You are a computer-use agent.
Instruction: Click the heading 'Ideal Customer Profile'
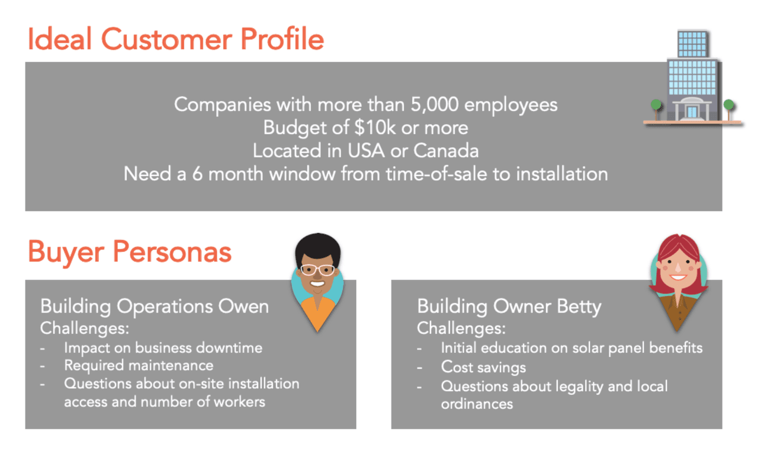(176, 39)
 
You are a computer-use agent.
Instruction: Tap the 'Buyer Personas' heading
(130, 252)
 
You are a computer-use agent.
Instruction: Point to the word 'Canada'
(446, 151)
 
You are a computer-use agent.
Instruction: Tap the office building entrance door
(692, 112)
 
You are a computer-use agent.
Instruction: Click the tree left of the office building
(656, 109)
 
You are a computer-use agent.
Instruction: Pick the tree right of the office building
(728, 109)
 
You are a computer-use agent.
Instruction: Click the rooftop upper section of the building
(692, 44)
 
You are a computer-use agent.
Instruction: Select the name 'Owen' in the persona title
(243, 307)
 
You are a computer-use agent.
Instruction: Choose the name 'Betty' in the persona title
(579, 307)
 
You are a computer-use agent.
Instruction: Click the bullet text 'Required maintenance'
(139, 366)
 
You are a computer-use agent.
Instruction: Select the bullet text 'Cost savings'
(484, 368)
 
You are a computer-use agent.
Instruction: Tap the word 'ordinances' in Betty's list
(477, 404)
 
